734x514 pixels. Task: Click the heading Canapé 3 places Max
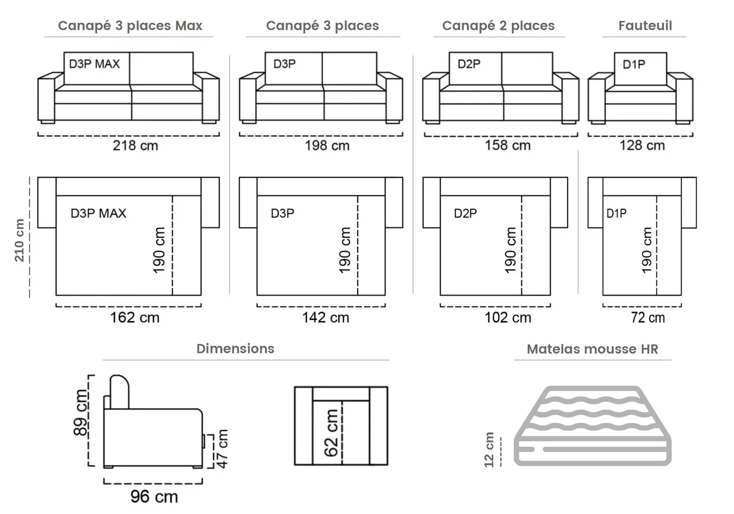click(130, 25)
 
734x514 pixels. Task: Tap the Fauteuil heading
click(645, 25)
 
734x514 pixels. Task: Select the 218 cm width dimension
click(135, 145)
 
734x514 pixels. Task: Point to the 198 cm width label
click(327, 145)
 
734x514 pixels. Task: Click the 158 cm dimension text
click(507, 145)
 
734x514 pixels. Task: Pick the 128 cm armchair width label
click(642, 145)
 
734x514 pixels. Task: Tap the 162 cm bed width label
click(135, 318)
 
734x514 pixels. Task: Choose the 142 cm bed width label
click(325, 318)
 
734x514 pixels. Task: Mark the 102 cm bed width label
click(507, 318)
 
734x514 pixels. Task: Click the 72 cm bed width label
click(647, 318)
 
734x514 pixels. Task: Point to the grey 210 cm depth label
click(19, 240)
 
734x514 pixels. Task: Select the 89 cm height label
click(81, 413)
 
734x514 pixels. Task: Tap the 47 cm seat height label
click(222, 448)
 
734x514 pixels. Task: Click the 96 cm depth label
click(154, 496)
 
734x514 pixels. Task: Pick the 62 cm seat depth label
click(331, 433)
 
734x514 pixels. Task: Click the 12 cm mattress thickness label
click(489, 449)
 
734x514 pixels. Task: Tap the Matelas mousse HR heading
click(592, 349)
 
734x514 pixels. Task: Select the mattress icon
click(593, 426)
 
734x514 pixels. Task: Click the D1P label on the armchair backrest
click(634, 65)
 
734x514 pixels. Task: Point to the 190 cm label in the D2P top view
click(510, 250)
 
